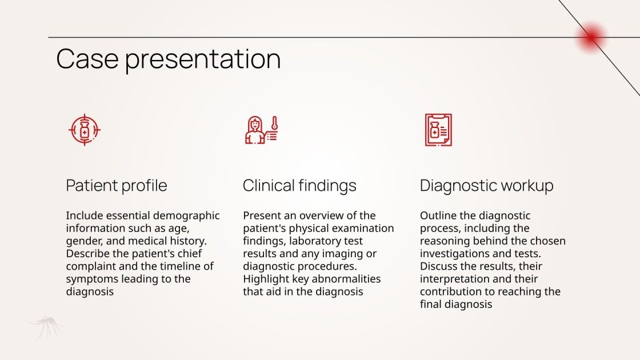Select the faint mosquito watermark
(46, 327)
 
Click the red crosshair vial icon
(84, 130)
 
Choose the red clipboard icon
(438, 130)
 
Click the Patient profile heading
(117, 186)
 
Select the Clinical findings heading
(299, 186)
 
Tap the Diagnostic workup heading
(486, 186)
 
